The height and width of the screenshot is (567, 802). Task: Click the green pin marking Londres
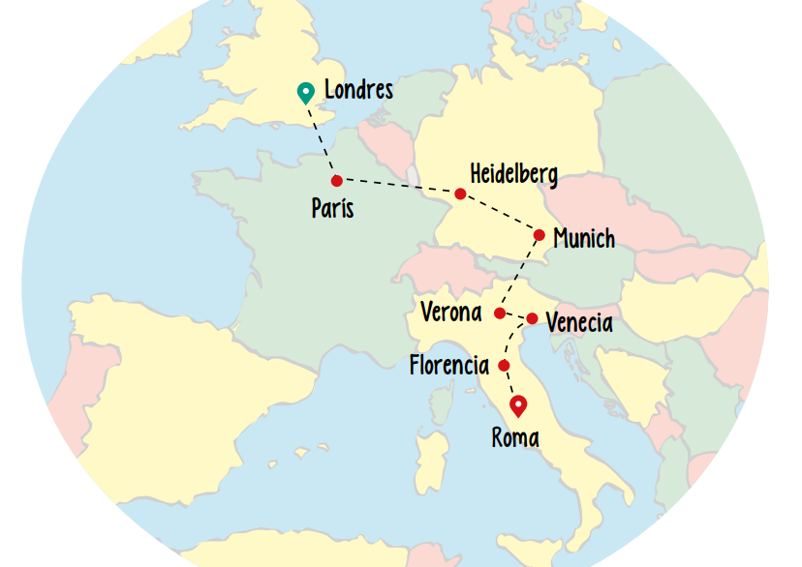click(x=306, y=92)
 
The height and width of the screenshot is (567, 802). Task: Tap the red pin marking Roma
click(x=519, y=405)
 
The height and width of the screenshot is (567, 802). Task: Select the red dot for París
click(x=336, y=181)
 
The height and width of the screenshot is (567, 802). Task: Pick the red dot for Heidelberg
click(x=460, y=194)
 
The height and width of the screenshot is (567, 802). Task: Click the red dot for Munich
click(x=540, y=235)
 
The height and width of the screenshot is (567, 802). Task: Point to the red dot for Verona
click(x=500, y=313)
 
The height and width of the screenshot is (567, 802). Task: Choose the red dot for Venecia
click(x=532, y=318)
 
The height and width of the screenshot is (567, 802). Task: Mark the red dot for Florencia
click(x=504, y=365)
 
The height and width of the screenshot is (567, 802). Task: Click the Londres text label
click(x=358, y=91)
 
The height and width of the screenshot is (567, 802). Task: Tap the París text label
click(x=332, y=208)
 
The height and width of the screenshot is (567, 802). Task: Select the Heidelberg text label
click(x=513, y=174)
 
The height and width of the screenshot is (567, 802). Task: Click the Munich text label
click(x=584, y=238)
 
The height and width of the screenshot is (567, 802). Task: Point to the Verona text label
click(x=451, y=313)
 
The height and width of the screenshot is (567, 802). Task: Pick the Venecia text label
click(x=579, y=323)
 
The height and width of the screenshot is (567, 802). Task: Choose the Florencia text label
click(x=449, y=366)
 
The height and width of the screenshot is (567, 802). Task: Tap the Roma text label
click(x=515, y=438)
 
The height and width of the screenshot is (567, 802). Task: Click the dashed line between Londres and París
click(x=323, y=141)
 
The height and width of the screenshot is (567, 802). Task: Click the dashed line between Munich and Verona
click(x=519, y=274)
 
